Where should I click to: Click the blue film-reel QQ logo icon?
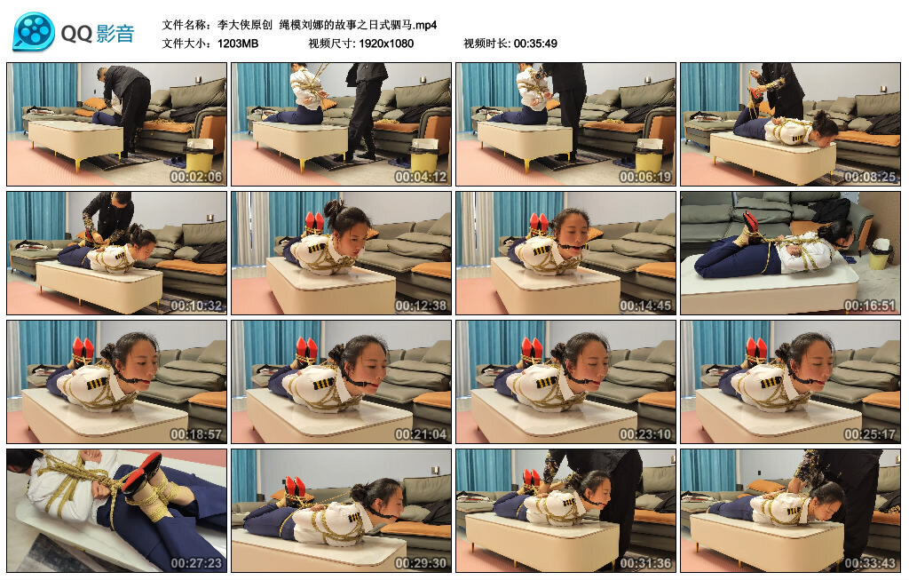point(34,32)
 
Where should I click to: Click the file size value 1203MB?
point(238,44)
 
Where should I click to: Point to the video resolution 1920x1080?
point(386,44)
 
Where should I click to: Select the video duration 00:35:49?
point(535,44)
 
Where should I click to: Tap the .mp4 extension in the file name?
point(425,25)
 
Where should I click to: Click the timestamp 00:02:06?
point(196,177)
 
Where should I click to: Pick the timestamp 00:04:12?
point(421,177)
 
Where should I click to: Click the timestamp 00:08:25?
point(870,177)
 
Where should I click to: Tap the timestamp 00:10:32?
point(196,305)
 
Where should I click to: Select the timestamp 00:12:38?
point(421,305)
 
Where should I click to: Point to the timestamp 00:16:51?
point(870,305)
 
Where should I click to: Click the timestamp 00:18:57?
point(196,433)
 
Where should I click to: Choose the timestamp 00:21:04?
point(421,433)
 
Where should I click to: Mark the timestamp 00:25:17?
point(870,433)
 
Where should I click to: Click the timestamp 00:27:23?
point(196,562)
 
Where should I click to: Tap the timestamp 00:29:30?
point(421,562)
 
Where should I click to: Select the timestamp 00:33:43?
point(870,562)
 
